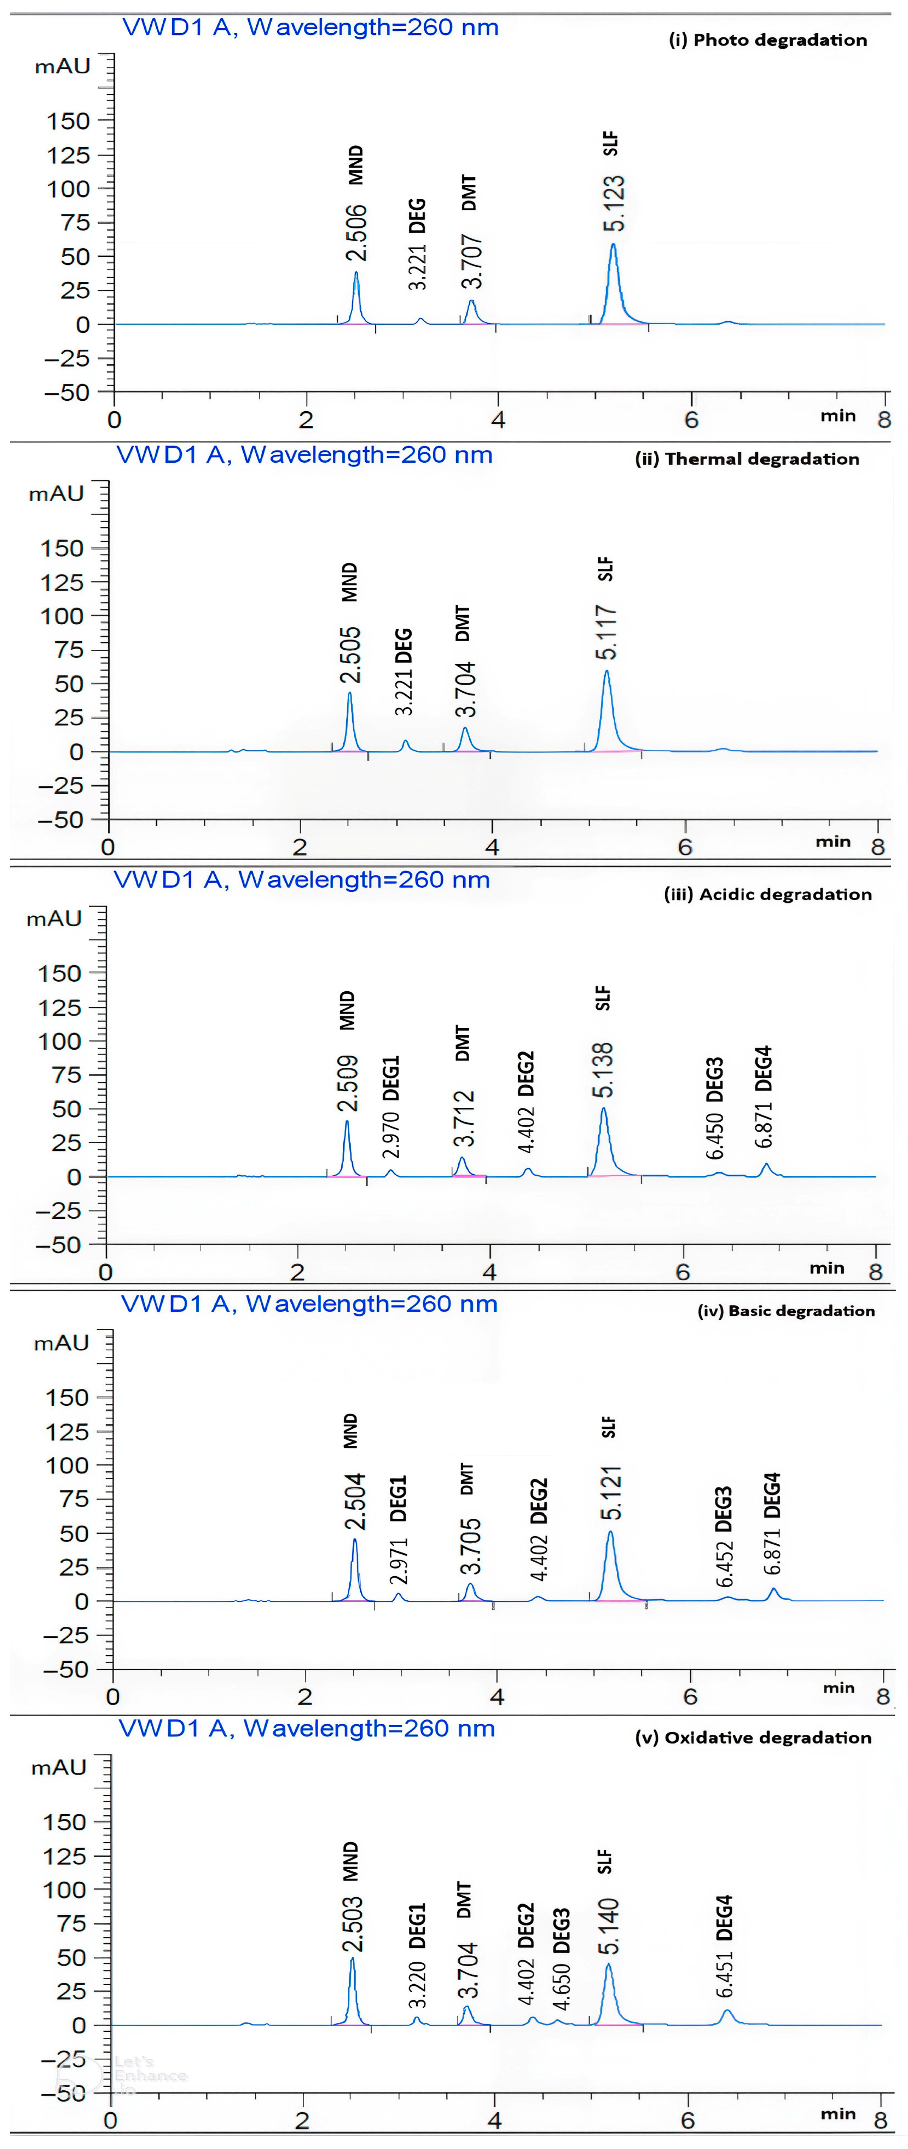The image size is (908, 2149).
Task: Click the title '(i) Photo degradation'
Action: [x=768, y=40]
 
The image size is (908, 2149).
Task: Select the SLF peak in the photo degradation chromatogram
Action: [x=613, y=247]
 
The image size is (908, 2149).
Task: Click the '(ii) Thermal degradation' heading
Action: [x=747, y=459]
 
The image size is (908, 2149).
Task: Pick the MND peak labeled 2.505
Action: [x=350, y=694]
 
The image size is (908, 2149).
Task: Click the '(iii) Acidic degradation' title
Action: [x=768, y=894]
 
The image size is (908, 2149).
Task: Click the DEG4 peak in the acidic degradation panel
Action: [x=765, y=1165]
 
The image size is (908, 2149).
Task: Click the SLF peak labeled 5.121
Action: [x=610, y=1533]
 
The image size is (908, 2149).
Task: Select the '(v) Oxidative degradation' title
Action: [x=753, y=1738]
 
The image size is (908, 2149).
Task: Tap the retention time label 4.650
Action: [x=561, y=1987]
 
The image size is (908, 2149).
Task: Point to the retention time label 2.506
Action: [x=356, y=234]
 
